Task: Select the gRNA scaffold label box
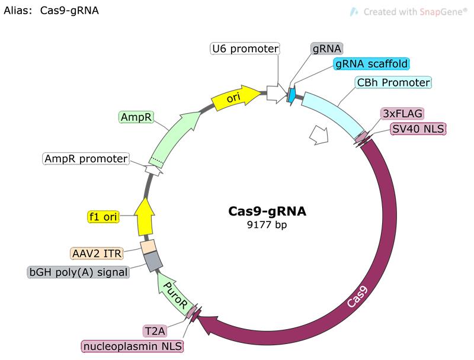371,64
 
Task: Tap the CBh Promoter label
393,82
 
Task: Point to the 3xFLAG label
402,112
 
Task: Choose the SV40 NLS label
418,129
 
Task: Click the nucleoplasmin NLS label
133,345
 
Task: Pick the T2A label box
158,329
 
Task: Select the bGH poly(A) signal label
79,271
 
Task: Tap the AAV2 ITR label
96,253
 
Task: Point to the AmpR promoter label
86,159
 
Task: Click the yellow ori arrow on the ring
237,98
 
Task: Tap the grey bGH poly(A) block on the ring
153,260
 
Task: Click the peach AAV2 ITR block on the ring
148,245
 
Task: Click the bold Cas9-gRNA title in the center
268,211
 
